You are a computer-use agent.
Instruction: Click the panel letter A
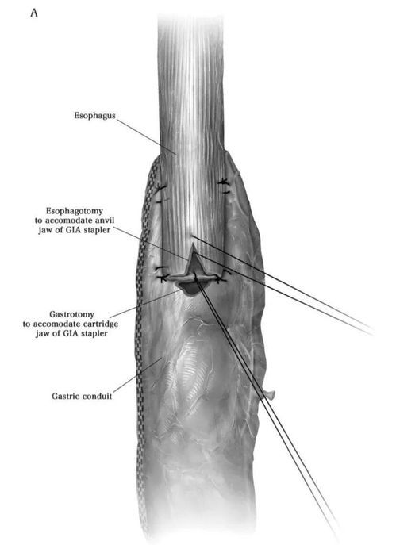click(34, 13)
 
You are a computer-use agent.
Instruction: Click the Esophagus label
click(94, 115)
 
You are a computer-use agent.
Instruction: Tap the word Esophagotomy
click(75, 211)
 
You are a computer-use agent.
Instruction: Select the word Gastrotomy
click(71, 314)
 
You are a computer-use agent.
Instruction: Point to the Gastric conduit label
click(82, 396)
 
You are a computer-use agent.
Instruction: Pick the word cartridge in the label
click(101, 324)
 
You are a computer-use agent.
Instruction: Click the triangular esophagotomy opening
click(194, 260)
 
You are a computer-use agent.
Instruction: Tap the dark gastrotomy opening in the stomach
click(189, 289)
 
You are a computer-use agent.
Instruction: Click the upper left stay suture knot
click(160, 188)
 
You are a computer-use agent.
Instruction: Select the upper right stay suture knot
click(223, 182)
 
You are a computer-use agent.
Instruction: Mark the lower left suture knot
click(162, 278)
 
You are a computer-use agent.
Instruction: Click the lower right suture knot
click(220, 278)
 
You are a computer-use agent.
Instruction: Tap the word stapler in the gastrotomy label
click(96, 334)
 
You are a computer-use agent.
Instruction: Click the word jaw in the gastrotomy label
click(41, 334)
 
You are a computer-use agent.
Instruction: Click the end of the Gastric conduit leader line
click(161, 358)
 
